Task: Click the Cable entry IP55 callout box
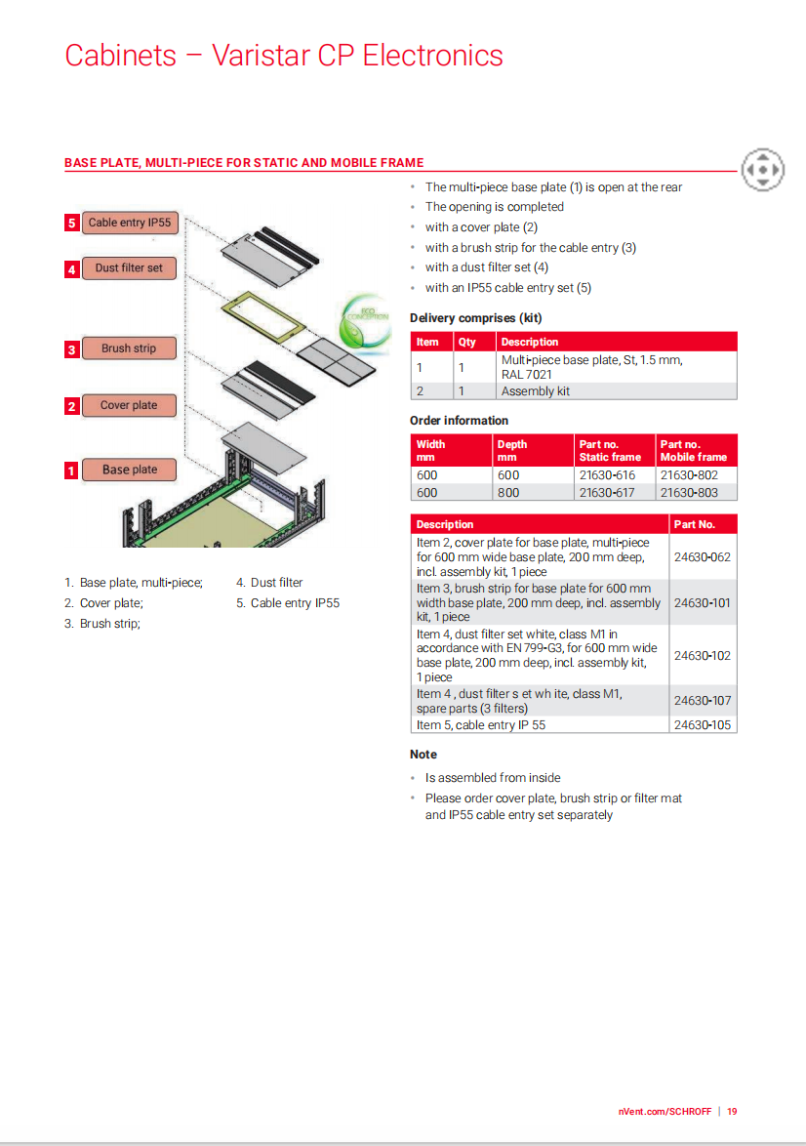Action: tap(130, 223)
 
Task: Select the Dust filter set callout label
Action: tap(129, 268)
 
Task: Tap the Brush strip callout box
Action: tap(129, 348)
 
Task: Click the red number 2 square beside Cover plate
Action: tap(71, 406)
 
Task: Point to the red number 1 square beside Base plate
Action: tap(71, 471)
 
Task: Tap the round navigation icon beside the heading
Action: tap(762, 170)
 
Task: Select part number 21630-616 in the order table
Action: tap(607, 475)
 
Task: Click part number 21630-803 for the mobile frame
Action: tap(689, 493)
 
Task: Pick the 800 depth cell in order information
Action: tap(508, 493)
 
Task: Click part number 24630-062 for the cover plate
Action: tap(703, 557)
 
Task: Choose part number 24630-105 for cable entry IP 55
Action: tap(703, 725)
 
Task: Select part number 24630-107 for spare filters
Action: tap(703, 701)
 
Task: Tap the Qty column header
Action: tap(467, 343)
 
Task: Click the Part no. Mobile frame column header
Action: tap(694, 450)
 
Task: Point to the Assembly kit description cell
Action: tap(536, 391)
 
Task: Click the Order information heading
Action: tap(459, 421)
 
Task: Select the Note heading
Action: tap(423, 755)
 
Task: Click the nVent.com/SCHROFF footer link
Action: tap(665, 1111)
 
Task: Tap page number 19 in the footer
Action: tap(732, 1111)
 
